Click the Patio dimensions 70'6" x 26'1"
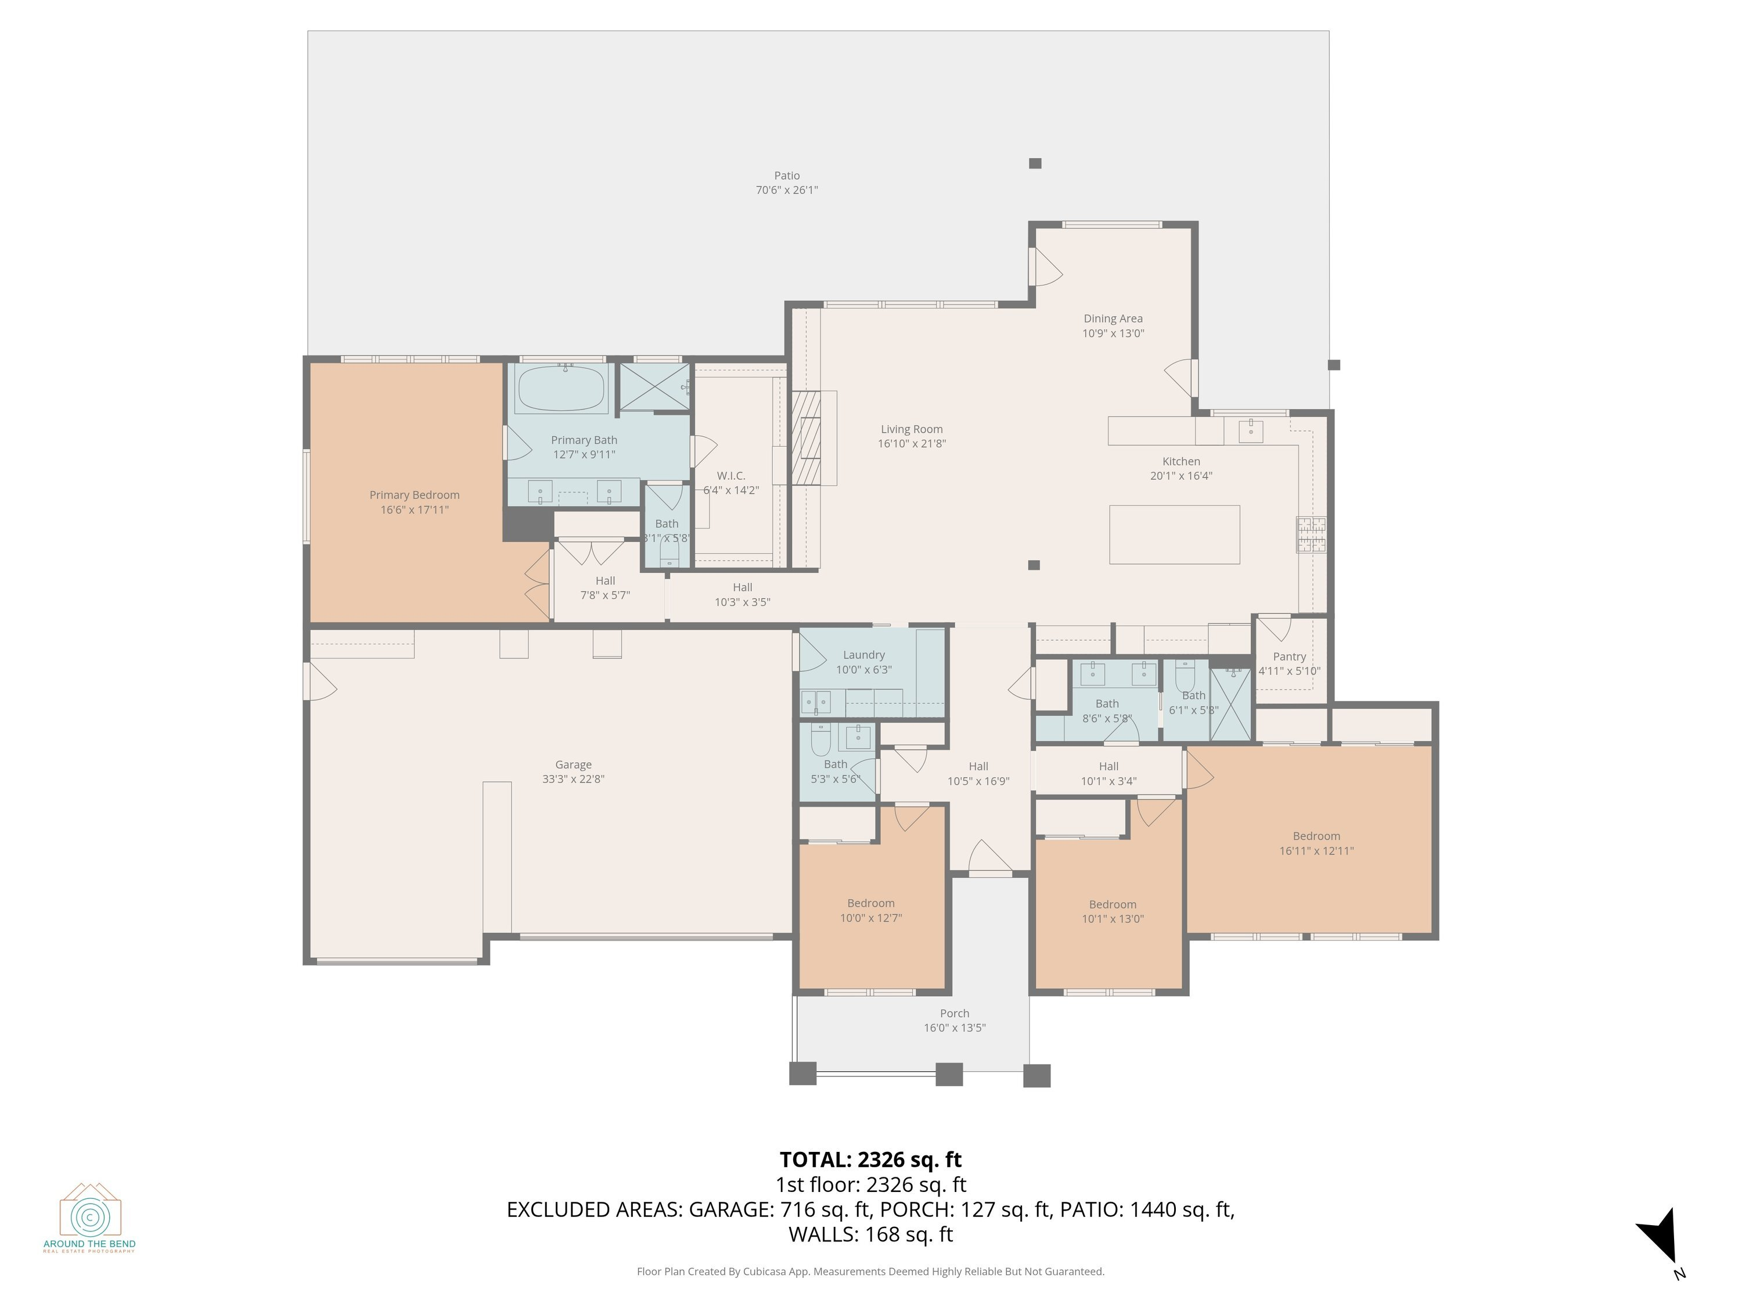click(786, 190)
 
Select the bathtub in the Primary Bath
click(561, 389)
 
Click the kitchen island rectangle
click(1174, 534)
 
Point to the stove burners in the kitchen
click(1311, 534)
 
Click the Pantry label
click(1289, 656)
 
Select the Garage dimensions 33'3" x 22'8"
click(573, 779)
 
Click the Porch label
click(955, 1013)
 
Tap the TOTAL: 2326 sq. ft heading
click(870, 1159)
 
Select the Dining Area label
click(1112, 318)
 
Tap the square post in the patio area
click(1035, 163)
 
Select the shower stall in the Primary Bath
click(654, 387)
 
